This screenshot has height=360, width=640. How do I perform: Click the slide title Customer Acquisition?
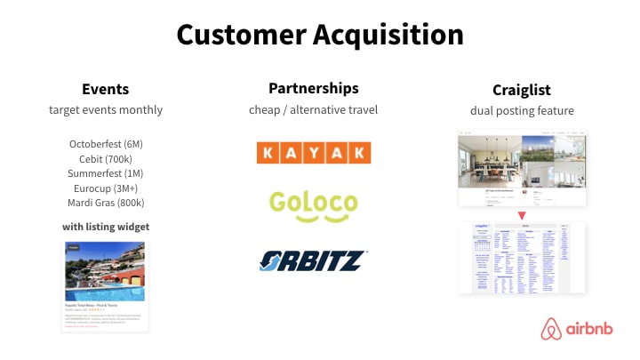(x=319, y=35)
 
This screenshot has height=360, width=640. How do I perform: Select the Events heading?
(x=106, y=89)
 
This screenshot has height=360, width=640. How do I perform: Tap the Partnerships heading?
(x=313, y=88)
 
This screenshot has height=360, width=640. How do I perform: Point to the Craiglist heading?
(x=522, y=90)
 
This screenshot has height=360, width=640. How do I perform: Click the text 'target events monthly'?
(x=106, y=110)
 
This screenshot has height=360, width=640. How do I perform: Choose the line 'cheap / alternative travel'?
(x=313, y=110)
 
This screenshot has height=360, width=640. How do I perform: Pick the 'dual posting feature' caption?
(x=522, y=111)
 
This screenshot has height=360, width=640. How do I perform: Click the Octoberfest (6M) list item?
(x=106, y=143)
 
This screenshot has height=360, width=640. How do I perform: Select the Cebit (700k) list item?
(x=106, y=158)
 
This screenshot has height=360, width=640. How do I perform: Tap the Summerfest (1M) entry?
(x=106, y=173)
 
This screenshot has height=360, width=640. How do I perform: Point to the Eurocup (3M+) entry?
(x=106, y=188)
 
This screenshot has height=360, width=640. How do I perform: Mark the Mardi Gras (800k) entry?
(x=106, y=204)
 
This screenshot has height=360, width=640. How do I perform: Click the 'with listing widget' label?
(x=106, y=227)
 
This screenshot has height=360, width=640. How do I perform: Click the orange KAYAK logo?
(x=313, y=153)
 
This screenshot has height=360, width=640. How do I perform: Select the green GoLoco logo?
(x=313, y=205)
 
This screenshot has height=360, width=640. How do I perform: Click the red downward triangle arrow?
(x=522, y=214)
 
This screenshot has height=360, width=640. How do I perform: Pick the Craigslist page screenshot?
(x=522, y=258)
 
